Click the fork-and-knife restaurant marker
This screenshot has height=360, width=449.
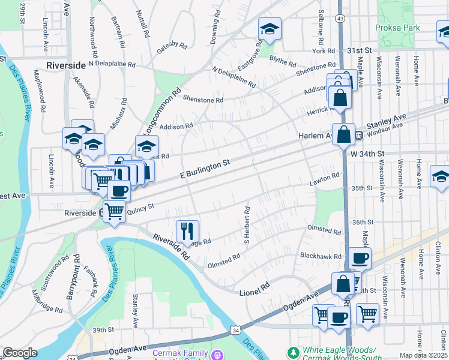(187, 230)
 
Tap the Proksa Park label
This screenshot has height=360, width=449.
(397, 28)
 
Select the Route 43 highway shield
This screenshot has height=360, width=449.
(340, 19)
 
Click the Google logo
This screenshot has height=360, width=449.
(19, 353)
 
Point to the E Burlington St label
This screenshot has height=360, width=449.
(206, 168)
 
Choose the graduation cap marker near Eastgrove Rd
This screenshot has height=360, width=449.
(270, 29)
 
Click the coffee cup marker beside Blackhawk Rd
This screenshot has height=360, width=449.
(360, 258)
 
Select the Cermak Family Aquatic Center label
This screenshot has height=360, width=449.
(180, 354)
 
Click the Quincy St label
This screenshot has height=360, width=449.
(141, 208)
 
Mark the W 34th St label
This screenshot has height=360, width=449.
(366, 154)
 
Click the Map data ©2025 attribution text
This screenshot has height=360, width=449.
(424, 355)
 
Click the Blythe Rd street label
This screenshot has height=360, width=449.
(283, 61)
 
